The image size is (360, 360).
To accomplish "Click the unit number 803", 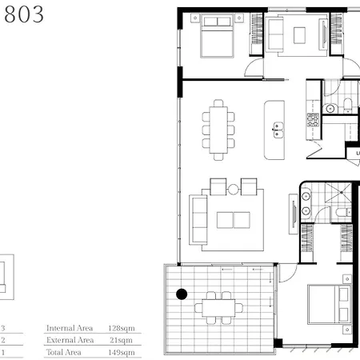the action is click(24, 14).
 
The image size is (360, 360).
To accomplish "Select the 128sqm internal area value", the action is click(122, 328).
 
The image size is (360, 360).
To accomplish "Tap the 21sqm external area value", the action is click(122, 340).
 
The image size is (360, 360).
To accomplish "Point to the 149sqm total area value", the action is click(122, 353).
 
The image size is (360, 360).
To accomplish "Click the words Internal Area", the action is click(70, 328).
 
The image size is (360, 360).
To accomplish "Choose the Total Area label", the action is click(64, 352).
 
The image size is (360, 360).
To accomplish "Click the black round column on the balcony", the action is click(182, 294).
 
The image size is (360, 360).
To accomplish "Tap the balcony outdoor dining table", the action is click(218, 308).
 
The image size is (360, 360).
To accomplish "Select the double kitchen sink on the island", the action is click(278, 130).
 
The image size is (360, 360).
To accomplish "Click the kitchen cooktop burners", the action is click(313, 120).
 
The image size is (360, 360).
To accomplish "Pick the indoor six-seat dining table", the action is click(218, 130).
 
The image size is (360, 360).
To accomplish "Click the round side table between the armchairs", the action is click(233, 189).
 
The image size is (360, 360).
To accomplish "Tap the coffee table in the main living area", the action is click(234, 220).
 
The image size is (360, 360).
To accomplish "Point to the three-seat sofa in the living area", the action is click(198, 220).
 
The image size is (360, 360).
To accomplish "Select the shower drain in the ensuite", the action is click(341, 192).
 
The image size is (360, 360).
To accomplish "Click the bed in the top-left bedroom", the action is click(218, 36).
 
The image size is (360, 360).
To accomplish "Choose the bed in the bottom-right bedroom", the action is click(329, 304).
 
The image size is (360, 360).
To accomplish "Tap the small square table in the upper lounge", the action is click(299, 35).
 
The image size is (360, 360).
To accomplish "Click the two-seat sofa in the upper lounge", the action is click(274, 34).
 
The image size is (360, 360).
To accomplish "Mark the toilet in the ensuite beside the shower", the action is click(342, 213).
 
